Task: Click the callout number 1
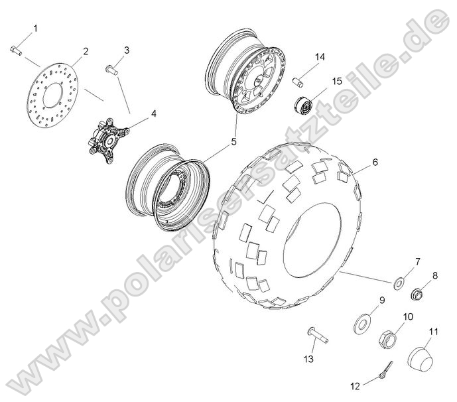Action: pos(35,29)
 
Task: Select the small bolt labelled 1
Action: pos(17,50)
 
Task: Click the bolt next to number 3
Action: pos(111,68)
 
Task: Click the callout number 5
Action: pos(233,141)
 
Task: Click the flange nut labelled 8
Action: pos(417,292)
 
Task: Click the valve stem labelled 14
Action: pos(298,81)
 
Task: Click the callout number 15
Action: pos(337,81)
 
